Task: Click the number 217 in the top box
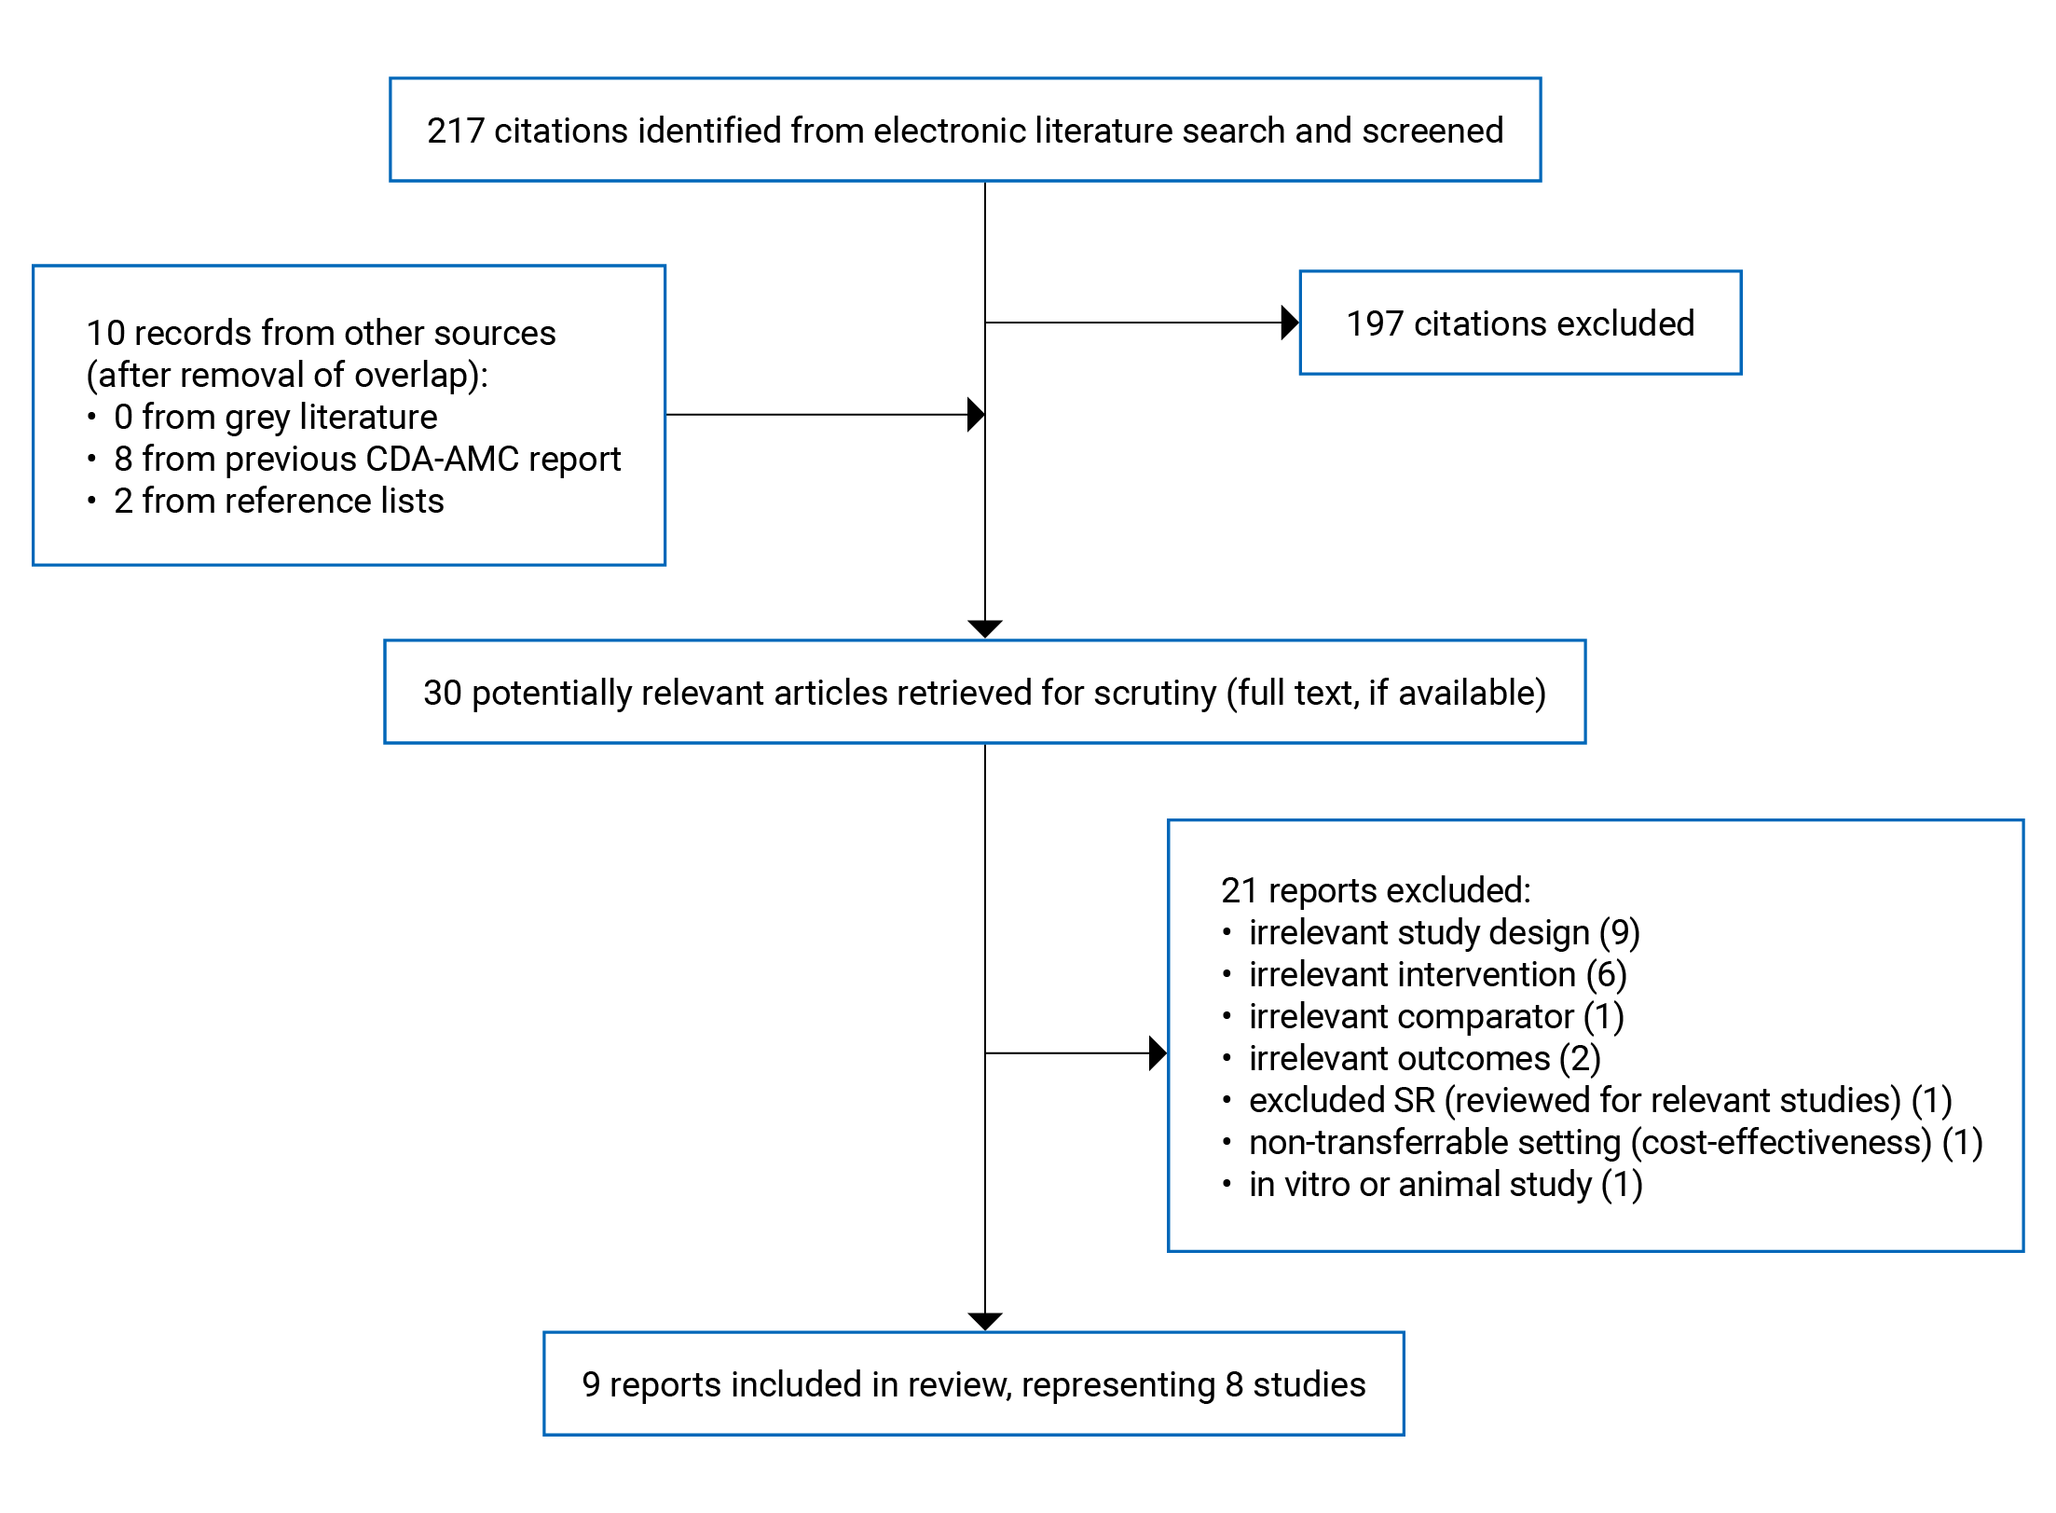point(455,131)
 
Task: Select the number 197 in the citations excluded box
point(1374,324)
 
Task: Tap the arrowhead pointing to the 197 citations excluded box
point(1290,323)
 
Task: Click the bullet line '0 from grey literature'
point(275,417)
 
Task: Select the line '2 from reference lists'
point(278,502)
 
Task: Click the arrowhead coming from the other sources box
point(976,415)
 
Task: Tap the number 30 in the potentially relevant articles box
point(442,694)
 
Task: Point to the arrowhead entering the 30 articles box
point(985,629)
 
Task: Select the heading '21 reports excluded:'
point(1375,891)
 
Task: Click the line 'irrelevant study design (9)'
point(1444,933)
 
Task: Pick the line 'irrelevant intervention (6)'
point(1437,975)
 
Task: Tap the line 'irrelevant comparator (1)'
point(1435,1017)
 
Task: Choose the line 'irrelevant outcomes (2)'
point(1424,1059)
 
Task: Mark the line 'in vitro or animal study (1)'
point(1445,1185)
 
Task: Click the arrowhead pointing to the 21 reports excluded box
point(1158,1053)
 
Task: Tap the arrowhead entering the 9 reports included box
point(985,1321)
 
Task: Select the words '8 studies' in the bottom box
point(1295,1385)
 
